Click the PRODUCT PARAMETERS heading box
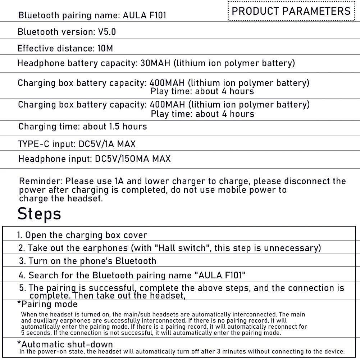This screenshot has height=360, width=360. (x=291, y=11)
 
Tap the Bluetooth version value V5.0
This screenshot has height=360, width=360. (x=107, y=32)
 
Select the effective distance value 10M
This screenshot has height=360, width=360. (x=105, y=48)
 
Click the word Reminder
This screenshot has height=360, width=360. (x=40, y=181)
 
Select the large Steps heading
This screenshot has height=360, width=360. (x=39, y=214)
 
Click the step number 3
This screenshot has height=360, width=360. (x=22, y=261)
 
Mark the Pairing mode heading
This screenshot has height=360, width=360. (x=47, y=304)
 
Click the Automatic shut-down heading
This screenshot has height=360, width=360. (x=65, y=344)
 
